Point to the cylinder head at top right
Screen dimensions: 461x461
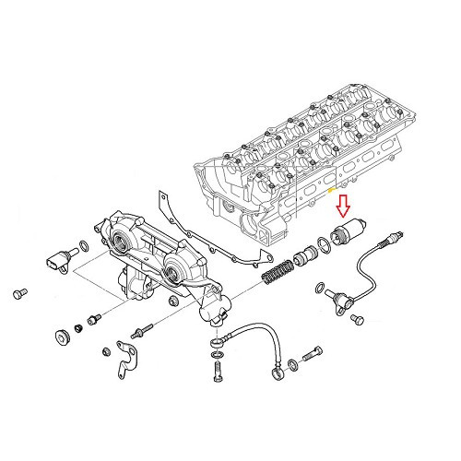[304, 152]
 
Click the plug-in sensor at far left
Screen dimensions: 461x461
[56, 260]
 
